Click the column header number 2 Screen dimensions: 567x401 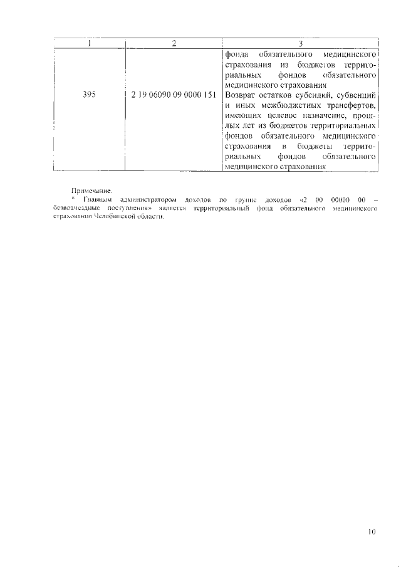(174, 43)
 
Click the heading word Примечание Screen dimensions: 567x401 (91, 189)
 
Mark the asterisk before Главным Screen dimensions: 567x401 (73, 199)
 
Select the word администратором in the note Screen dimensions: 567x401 (143, 199)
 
